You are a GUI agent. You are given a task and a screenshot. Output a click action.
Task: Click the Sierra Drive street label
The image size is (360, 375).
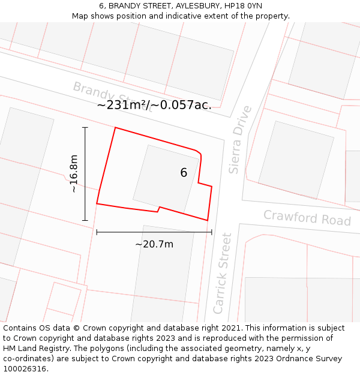click(x=241, y=140)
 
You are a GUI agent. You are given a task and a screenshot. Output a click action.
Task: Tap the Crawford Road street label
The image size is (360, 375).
click(x=307, y=217)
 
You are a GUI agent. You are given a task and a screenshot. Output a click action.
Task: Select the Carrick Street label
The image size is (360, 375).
click(x=222, y=273)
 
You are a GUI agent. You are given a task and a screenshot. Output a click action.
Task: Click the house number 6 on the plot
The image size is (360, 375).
click(x=184, y=173)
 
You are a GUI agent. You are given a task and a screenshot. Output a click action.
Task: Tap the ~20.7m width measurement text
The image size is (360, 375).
click(x=154, y=244)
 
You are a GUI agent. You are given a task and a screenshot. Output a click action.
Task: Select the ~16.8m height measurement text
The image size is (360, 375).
click(x=74, y=173)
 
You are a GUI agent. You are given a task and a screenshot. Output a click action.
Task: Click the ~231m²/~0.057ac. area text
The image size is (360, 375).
click(x=154, y=105)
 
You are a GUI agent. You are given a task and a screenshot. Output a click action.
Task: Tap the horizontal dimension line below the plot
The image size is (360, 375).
click(x=154, y=232)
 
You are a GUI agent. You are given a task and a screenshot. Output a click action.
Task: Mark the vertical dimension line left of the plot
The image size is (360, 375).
click(x=85, y=174)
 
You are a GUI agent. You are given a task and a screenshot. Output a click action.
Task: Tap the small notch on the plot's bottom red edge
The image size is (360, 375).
click(x=158, y=209)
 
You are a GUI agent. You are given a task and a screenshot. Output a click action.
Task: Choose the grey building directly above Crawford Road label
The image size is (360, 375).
click(x=295, y=160)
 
